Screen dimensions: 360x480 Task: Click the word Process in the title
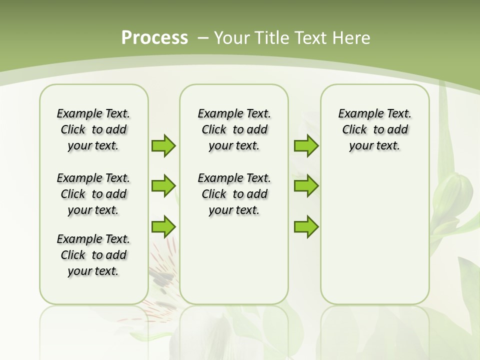click(x=154, y=38)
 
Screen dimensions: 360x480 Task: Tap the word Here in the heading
click(x=351, y=38)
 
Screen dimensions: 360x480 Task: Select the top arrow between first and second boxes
click(x=163, y=145)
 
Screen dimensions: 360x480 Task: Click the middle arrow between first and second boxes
click(x=163, y=186)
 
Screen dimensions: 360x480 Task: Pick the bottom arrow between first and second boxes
click(x=163, y=226)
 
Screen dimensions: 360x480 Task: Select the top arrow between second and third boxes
click(x=306, y=145)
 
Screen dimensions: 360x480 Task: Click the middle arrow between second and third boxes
click(x=306, y=186)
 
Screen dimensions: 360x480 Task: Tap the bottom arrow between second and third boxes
click(x=306, y=226)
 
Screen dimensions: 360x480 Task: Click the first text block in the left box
click(x=93, y=129)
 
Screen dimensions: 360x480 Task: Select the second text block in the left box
click(x=93, y=194)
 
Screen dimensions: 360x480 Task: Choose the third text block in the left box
click(x=93, y=255)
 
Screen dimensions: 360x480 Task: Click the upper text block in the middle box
click(x=234, y=129)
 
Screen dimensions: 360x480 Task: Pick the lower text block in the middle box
click(x=234, y=194)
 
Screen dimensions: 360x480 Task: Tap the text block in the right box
click(x=375, y=129)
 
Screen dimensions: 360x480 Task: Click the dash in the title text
click(x=202, y=38)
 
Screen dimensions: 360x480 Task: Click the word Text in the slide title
click(x=312, y=38)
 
